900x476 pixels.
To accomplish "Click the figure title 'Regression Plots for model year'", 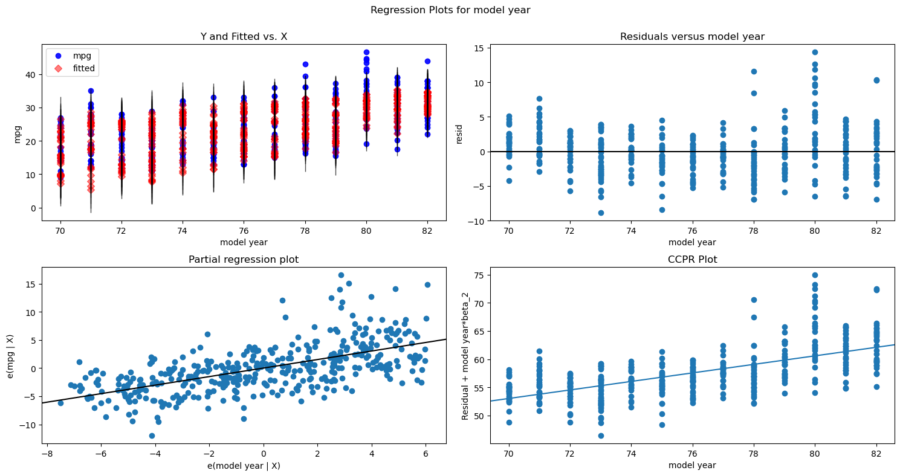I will click(x=450, y=10).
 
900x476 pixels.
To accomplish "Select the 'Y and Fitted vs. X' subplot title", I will click(x=244, y=37).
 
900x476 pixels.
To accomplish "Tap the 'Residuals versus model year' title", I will click(x=692, y=37).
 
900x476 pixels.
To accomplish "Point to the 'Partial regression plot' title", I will click(x=244, y=260).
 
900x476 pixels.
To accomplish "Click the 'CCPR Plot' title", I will click(x=692, y=260).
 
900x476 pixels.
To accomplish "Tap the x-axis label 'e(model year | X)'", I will click(x=244, y=465).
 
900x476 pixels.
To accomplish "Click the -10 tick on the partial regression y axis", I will click(x=28, y=425).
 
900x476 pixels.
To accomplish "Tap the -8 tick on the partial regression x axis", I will click(x=46, y=452).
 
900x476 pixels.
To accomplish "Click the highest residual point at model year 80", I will click(x=815, y=52).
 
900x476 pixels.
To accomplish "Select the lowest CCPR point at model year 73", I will click(x=601, y=436).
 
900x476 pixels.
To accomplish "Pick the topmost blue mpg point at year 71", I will click(x=91, y=91).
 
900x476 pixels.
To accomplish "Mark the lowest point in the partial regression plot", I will click(x=152, y=436).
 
